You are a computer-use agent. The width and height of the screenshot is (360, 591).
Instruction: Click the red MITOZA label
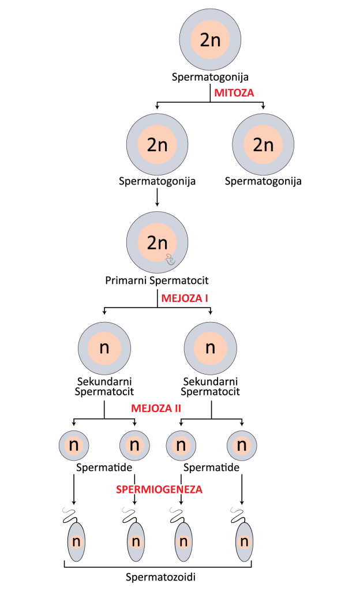234,92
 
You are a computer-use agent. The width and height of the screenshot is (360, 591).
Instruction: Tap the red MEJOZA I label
184,298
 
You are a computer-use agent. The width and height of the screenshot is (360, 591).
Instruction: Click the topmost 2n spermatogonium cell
211,40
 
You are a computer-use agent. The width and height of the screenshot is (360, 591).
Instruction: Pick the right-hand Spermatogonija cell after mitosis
263,144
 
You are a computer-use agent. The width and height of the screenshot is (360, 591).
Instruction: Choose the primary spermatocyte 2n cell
157,242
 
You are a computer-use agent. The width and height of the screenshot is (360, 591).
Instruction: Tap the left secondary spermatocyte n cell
104,347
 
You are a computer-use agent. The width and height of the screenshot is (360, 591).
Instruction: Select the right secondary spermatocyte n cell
210,347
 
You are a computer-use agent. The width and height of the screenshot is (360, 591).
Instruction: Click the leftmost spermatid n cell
73,445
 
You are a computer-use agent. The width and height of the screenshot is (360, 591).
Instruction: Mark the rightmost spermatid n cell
242,445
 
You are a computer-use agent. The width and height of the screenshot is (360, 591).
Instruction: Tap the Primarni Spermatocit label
157,282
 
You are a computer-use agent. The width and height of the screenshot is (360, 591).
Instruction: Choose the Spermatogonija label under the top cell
210,77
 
